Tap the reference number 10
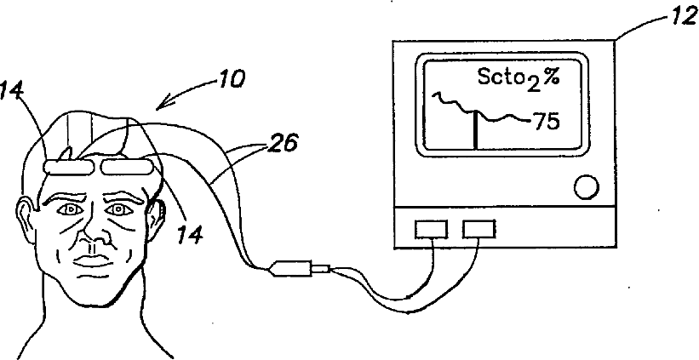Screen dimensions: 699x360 [x=231, y=80]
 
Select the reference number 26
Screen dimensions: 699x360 [x=283, y=144]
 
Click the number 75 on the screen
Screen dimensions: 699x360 [x=546, y=121]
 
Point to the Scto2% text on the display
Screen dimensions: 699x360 [x=518, y=79]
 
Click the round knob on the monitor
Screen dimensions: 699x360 [x=587, y=187]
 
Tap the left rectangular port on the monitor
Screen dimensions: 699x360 [x=431, y=230]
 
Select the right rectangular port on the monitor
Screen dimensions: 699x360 [x=478, y=230]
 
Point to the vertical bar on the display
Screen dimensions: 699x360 [x=475, y=129]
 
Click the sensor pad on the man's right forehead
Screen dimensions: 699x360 [x=70, y=167]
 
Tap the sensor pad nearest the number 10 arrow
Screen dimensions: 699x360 [x=127, y=167]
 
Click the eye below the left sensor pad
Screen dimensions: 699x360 [x=70, y=209]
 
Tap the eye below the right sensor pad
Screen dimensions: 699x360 [x=118, y=209]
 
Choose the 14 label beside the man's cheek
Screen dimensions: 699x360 [x=191, y=234]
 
